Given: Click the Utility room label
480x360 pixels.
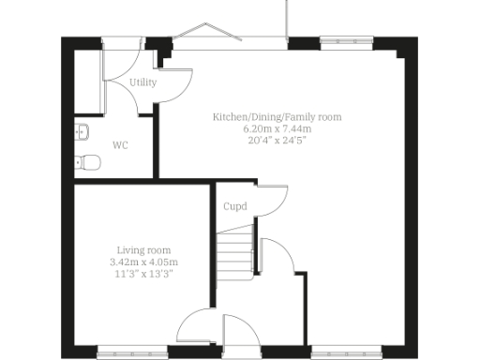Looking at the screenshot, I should coord(143,82).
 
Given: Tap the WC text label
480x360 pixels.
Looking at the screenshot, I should coord(120,145).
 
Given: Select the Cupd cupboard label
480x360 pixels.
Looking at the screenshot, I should coord(234,206).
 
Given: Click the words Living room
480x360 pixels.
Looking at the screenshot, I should coord(143,250).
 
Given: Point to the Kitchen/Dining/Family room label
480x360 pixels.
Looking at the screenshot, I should coord(277,117).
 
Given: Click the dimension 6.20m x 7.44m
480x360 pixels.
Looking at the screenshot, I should coord(277,128).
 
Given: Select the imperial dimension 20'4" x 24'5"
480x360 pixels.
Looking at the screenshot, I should coord(277,140).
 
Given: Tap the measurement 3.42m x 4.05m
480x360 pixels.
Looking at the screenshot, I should coord(143,262).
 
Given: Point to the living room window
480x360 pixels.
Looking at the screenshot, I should coord(124,353).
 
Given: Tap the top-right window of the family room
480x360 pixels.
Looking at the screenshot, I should coord(335,40).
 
